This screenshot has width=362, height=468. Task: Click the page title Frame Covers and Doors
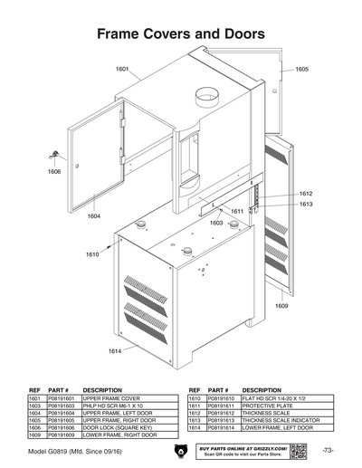pos(180,33)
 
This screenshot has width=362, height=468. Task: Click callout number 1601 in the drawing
pos(123,69)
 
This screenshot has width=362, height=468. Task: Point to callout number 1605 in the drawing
pos(301,69)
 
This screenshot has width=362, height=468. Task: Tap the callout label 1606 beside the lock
pos(54,170)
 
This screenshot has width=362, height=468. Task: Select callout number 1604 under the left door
pos(94,216)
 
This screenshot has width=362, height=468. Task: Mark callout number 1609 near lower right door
pos(281,305)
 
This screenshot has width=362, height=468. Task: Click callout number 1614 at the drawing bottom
pos(115,350)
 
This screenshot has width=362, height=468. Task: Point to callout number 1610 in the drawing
pos(92,254)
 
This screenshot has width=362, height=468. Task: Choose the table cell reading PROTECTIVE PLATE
pos(265,404)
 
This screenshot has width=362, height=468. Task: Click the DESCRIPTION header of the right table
pos(262,389)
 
